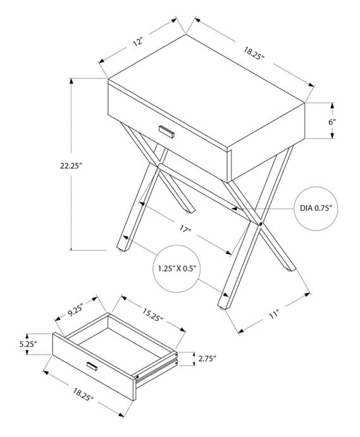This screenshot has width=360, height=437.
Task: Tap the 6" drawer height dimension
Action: pyautogui.click(x=332, y=121)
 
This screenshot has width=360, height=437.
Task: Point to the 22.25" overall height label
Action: pyautogui.click(x=70, y=165)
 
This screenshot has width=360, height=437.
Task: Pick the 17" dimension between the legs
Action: pyautogui.click(x=185, y=229)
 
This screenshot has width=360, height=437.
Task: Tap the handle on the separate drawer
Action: pyautogui.click(x=92, y=366)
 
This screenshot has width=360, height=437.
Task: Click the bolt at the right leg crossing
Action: pyautogui.click(x=260, y=223)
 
